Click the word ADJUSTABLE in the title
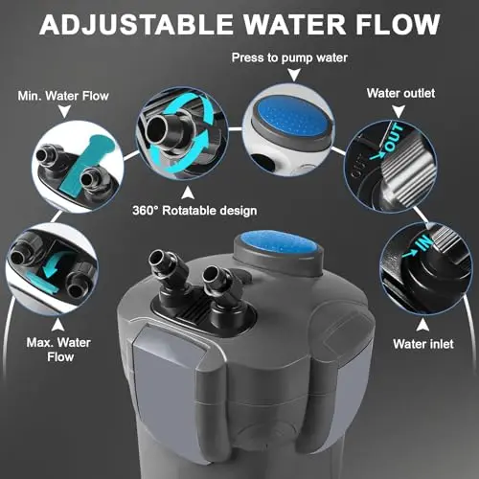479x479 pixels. [137, 24]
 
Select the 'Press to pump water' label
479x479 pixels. [289, 57]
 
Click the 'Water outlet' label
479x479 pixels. [400, 93]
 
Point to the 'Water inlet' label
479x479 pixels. [423, 344]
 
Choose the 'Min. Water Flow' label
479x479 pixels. [63, 96]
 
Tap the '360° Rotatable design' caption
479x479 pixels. [194, 211]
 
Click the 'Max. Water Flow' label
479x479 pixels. [59, 350]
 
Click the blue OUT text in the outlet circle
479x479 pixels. [395, 138]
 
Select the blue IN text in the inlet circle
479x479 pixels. [424, 242]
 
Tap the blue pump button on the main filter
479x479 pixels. [280, 244]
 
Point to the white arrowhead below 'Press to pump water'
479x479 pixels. [294, 76]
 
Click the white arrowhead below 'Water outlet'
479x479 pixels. [399, 112]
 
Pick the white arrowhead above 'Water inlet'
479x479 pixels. [422, 325]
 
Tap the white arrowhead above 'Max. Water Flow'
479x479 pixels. [57, 325]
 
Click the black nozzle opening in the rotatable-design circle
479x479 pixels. [157, 128]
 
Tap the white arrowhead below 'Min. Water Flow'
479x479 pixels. [65, 112]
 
